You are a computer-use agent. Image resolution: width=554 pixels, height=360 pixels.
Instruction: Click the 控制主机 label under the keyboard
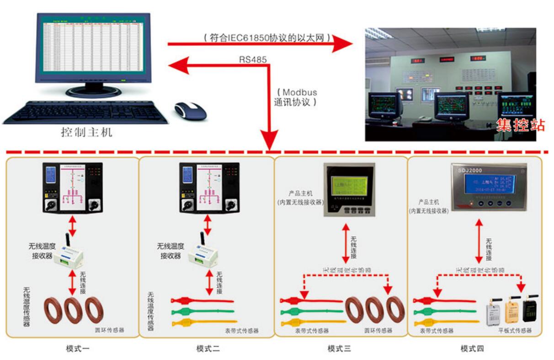pyautogui.click(x=86, y=133)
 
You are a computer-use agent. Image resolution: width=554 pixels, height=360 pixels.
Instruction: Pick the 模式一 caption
pyautogui.click(x=76, y=349)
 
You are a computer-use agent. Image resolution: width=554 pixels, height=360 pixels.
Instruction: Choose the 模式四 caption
pyautogui.click(x=472, y=349)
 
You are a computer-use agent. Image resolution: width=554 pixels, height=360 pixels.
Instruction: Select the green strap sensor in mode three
pyautogui.click(x=311, y=312)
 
